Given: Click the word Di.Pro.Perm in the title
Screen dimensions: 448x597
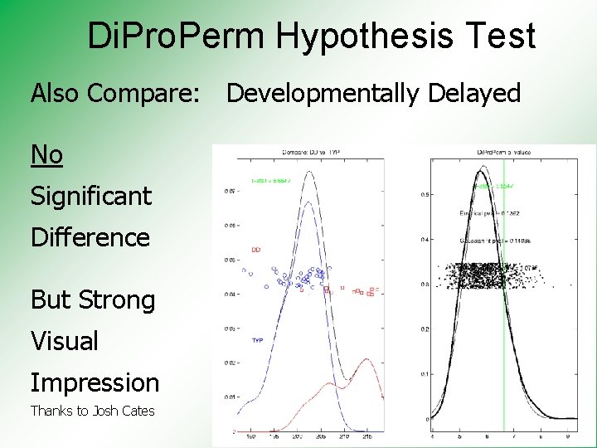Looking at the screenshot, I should tap(177, 37).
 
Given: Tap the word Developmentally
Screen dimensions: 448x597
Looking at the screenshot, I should tap(323, 94).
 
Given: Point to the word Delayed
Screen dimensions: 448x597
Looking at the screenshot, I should tap(474, 94).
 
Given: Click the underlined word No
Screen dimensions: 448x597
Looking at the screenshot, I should tap(46, 154).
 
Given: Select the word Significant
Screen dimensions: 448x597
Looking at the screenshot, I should tap(91, 197).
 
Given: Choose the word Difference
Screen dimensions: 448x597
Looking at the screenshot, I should tap(90, 237).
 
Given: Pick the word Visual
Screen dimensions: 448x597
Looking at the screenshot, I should tap(64, 341).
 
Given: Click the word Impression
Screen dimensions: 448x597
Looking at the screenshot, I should tap(95, 382).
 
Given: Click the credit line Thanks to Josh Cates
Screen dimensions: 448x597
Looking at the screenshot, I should tap(92, 411).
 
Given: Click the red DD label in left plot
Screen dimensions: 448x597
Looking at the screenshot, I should tap(256, 249).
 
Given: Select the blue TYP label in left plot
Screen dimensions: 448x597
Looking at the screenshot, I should tap(257, 340).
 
